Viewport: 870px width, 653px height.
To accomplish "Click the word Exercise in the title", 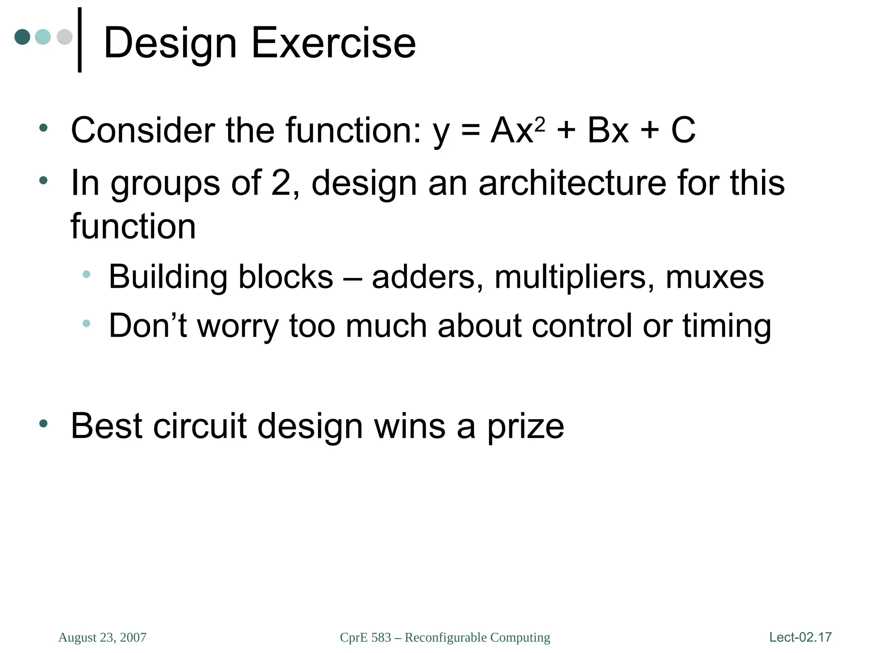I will click(333, 43).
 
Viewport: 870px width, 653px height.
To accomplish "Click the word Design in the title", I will click(170, 43).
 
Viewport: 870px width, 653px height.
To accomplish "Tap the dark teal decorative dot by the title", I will click(22, 37).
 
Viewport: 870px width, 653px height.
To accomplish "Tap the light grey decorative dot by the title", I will click(65, 37).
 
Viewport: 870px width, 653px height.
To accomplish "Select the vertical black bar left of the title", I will click(79, 40).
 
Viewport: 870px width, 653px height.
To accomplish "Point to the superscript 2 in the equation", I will click(540, 124).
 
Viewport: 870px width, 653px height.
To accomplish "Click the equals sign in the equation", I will click(470, 130).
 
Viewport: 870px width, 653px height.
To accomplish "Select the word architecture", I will click(572, 183).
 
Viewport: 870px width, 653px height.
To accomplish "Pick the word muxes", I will click(715, 277).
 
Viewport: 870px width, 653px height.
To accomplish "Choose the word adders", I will click(427, 277).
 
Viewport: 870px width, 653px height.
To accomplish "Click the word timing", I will click(726, 326).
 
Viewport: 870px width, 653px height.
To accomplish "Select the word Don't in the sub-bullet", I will click(148, 326).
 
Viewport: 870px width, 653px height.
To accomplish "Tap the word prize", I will click(525, 426).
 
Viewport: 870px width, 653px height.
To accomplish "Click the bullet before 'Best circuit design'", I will click(43, 423).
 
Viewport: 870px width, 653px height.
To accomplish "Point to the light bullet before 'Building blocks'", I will click(86, 274).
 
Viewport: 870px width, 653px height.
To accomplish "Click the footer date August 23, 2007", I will click(102, 637).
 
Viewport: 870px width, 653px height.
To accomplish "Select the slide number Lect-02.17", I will click(800, 637).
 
